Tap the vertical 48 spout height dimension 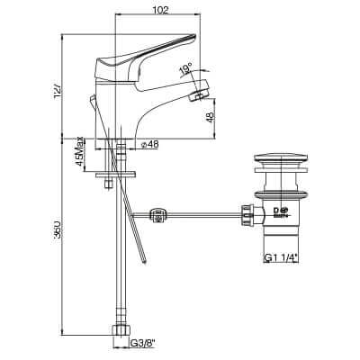click(210, 118)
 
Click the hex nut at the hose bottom click(119, 333)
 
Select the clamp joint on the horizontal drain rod click(159, 215)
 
